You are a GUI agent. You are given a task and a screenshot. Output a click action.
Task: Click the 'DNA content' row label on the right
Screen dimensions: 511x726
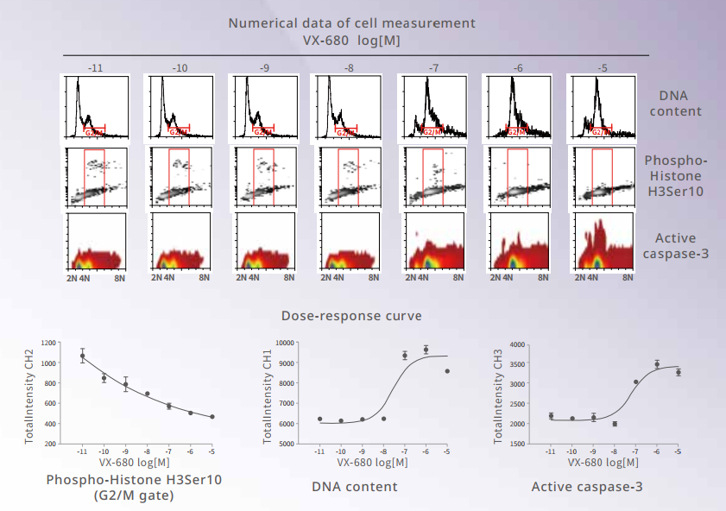point(680,104)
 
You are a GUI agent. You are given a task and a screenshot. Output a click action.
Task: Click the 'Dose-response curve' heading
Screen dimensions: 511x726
point(351,316)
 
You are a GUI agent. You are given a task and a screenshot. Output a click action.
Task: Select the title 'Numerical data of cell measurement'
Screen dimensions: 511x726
point(350,22)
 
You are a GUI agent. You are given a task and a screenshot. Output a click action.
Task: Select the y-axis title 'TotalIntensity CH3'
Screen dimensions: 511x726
point(496,394)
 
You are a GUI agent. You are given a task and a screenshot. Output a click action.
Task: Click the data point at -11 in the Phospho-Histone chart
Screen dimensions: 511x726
point(83,356)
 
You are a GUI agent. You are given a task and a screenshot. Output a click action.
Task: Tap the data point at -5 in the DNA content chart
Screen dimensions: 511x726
point(446,371)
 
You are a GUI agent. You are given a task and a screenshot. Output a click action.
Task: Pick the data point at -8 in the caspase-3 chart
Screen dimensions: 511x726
point(615,424)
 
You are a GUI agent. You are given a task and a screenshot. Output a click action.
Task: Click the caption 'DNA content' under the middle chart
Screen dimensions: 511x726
point(355,487)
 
